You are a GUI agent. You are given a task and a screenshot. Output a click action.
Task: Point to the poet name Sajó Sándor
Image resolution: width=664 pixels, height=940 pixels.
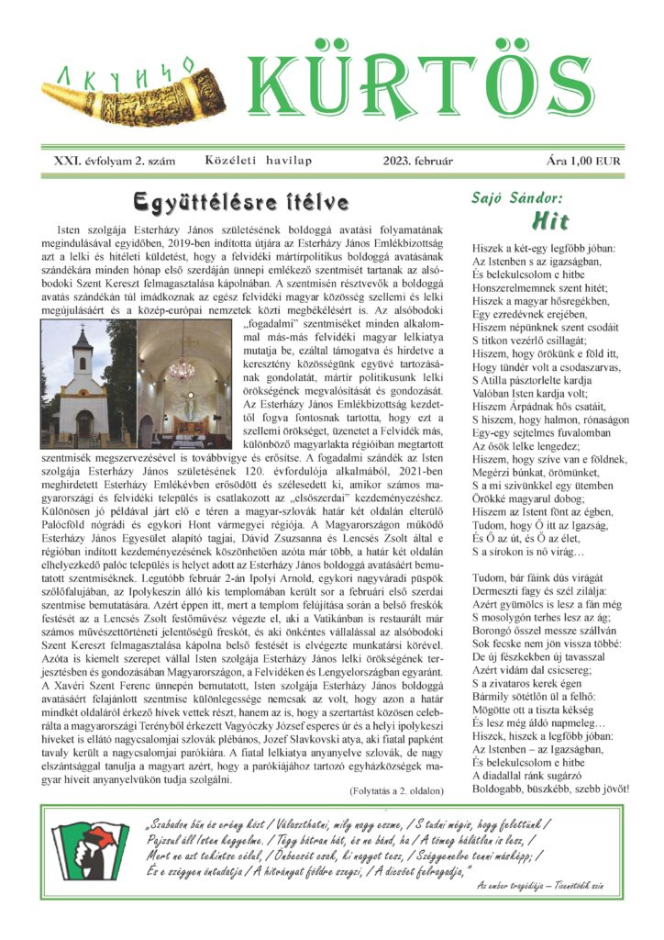(516, 196)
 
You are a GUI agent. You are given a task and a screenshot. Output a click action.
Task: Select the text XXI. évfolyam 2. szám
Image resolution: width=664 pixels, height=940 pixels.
(115, 161)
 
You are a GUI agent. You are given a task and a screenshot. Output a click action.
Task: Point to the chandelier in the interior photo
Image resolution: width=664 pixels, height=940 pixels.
(183, 365)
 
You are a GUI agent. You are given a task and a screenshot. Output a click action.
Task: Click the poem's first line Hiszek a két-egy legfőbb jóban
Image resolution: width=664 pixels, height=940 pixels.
(544, 249)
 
